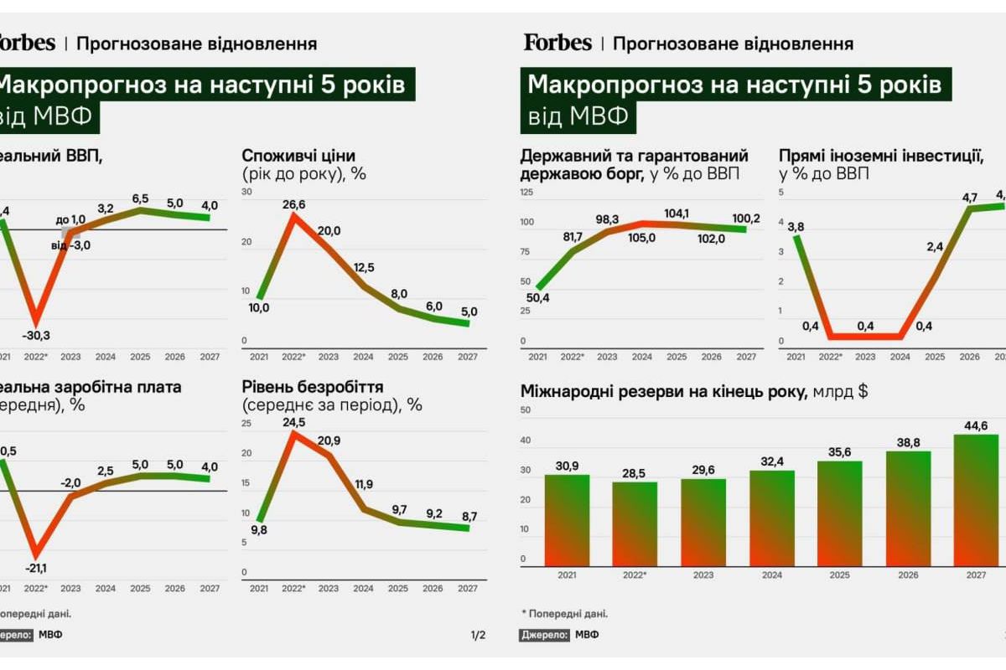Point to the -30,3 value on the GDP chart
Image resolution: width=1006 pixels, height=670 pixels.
tap(37, 335)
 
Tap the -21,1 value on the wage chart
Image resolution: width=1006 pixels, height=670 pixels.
tap(37, 569)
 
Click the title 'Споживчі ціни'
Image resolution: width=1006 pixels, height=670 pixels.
tap(298, 156)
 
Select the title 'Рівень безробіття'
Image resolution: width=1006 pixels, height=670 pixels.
tap(313, 387)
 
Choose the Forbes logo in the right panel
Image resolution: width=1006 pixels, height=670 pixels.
tap(557, 42)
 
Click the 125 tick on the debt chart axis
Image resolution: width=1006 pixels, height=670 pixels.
tap(526, 193)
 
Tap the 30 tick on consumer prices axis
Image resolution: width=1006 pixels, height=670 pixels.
tap(246, 193)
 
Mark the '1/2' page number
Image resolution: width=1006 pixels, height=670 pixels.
tap(478, 634)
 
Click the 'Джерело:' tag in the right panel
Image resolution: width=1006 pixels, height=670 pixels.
tap(545, 635)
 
